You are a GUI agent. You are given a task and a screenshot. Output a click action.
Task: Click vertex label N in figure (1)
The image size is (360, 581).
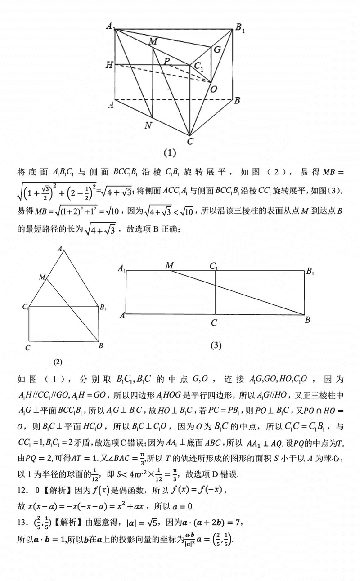[148, 125]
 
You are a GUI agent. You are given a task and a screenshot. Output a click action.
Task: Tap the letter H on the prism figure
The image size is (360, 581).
[109, 65]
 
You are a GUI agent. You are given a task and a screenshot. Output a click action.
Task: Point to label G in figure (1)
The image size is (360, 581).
[217, 49]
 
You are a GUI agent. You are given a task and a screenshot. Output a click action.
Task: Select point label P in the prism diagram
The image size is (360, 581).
[167, 61]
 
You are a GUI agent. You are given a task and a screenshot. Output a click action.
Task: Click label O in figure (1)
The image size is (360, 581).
[214, 89]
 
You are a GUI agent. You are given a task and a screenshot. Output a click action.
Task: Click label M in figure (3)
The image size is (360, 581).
[170, 266]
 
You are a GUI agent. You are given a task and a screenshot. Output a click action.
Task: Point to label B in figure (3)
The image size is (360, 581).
[308, 320]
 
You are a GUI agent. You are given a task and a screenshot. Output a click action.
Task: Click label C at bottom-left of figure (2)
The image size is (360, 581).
[28, 348]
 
